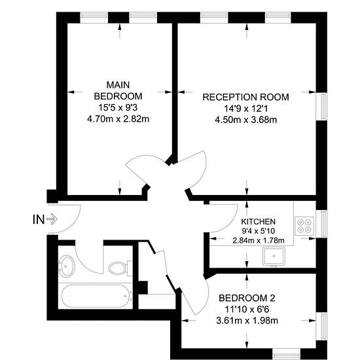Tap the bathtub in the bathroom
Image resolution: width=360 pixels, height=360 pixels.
96,296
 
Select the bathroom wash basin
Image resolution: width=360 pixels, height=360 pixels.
66,266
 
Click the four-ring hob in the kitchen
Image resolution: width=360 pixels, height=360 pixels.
304,226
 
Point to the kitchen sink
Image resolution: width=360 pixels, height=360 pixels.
274,257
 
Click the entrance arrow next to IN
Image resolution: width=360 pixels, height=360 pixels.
52,219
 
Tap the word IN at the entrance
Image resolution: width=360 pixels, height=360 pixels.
39,219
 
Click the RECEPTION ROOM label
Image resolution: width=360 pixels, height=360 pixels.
245,97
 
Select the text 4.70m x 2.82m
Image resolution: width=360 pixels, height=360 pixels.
118,119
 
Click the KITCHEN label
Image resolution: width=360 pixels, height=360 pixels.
259,221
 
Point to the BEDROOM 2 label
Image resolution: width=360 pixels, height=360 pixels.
247,298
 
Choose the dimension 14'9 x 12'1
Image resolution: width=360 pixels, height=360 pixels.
245,109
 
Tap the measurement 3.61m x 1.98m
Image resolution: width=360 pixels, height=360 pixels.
247,321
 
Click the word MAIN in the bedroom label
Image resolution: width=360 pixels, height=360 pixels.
118,85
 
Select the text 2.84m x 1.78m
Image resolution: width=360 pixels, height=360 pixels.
259,240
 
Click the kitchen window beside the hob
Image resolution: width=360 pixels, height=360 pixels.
321,224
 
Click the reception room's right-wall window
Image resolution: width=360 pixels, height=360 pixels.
321,106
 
